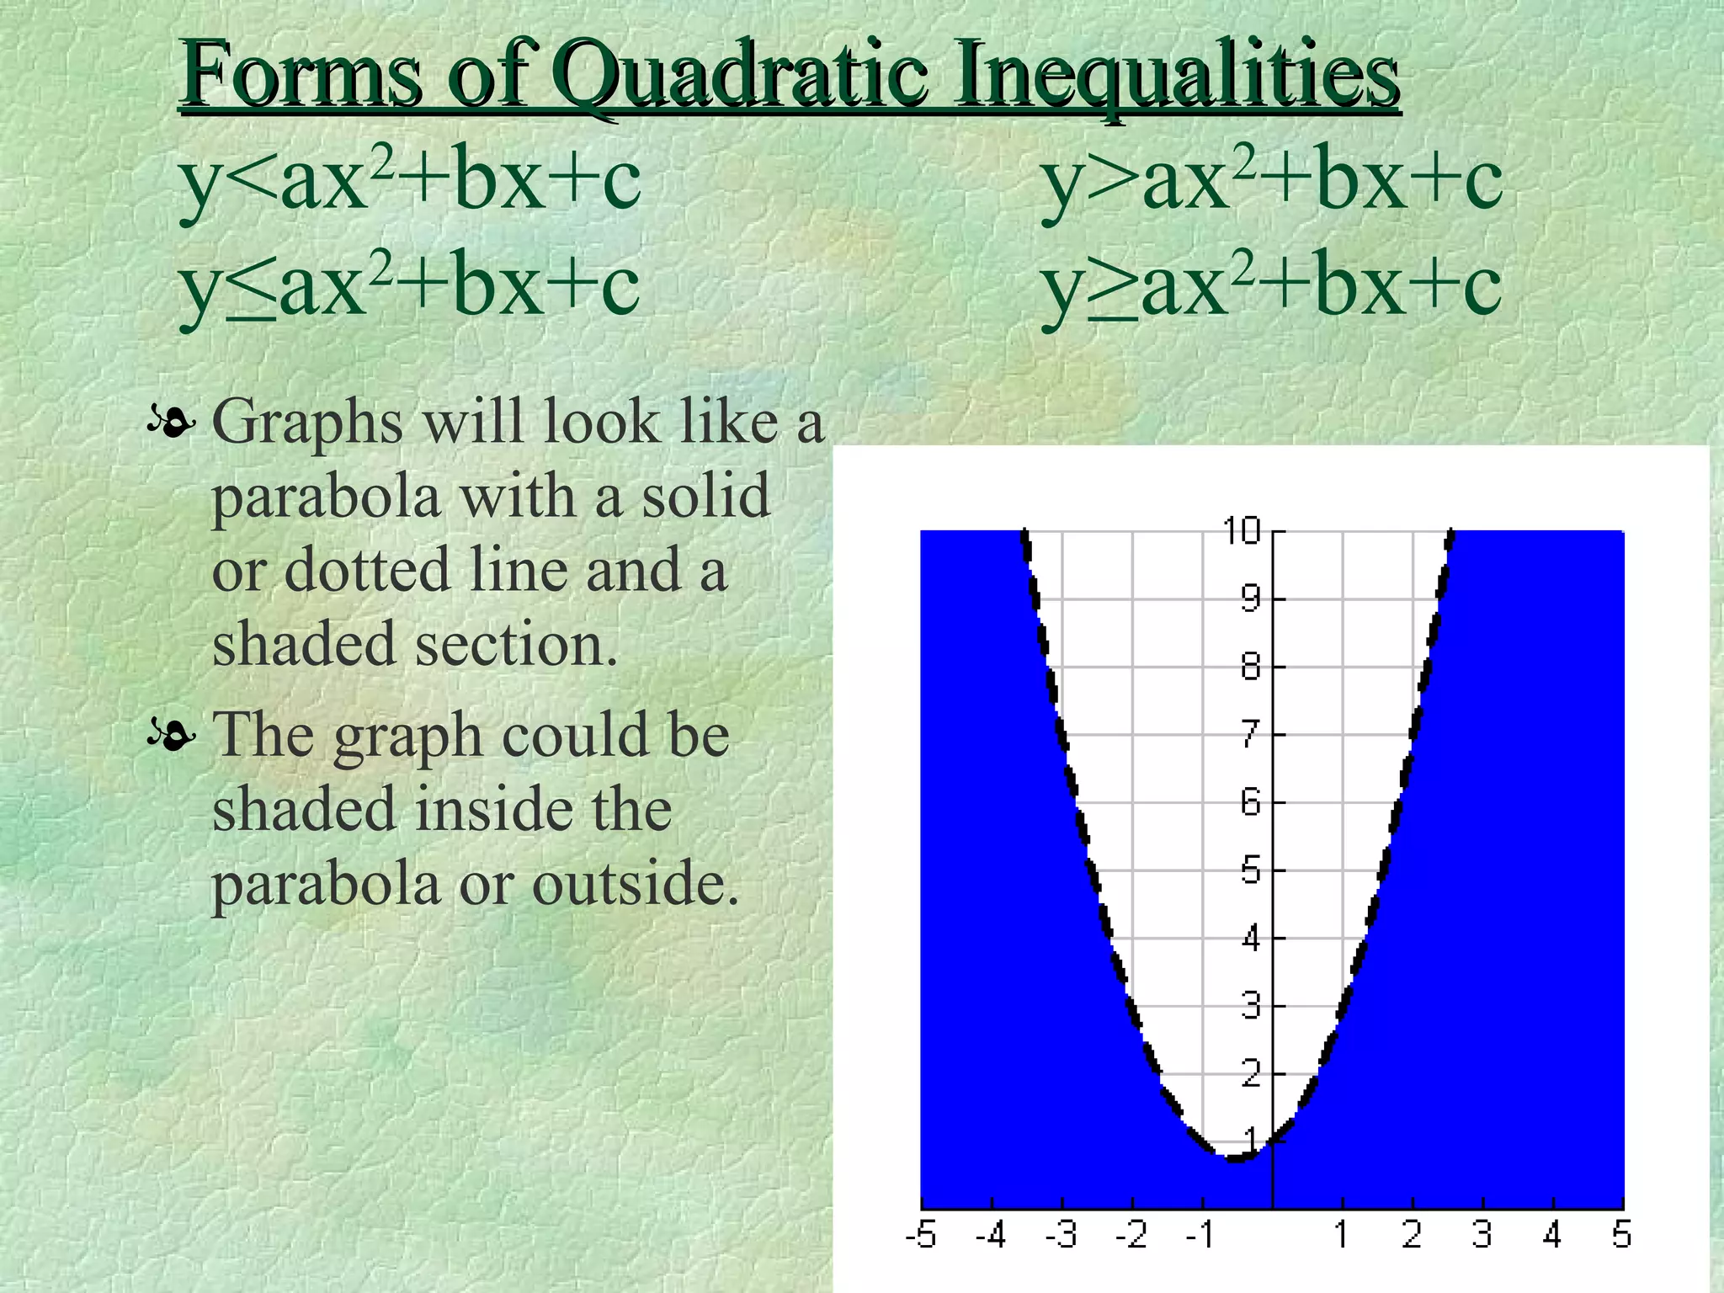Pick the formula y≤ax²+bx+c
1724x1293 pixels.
pos(410,286)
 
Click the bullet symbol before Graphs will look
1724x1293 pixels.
pos(172,422)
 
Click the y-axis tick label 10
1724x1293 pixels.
pos(1242,531)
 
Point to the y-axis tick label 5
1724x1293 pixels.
pos(1251,870)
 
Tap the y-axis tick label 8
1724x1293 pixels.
pos(1251,668)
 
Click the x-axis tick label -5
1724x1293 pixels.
pos(921,1236)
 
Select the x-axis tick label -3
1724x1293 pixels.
pos(1062,1236)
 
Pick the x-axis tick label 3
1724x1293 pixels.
pos(1482,1236)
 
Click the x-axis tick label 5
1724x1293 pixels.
pos(1622,1236)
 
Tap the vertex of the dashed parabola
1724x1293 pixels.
pos(1235,1159)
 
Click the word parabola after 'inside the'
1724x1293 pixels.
pos(326,884)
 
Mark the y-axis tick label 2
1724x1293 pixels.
pos(1251,1074)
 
